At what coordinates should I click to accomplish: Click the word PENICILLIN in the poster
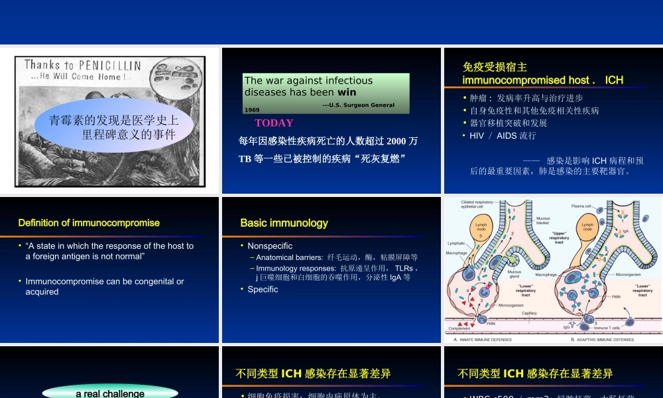tap(109, 65)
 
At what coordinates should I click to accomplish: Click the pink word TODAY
tap(274, 123)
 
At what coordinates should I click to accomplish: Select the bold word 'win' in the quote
tap(347, 92)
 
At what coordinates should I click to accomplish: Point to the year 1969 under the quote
tap(252, 109)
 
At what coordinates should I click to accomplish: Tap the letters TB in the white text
tap(245, 159)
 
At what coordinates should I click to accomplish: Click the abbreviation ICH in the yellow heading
tap(614, 80)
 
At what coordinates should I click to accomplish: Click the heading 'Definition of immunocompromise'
tap(89, 223)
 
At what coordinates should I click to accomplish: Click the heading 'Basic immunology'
tap(284, 223)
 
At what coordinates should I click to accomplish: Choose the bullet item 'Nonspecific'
tap(270, 245)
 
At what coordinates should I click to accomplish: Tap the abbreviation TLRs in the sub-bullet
tap(403, 268)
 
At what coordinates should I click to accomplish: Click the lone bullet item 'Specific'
tap(263, 289)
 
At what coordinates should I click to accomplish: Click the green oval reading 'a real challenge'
tap(110, 393)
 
